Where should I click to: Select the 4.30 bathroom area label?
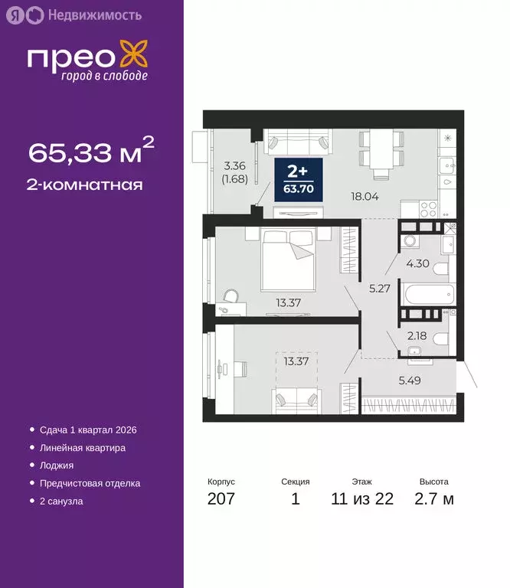[x=417, y=264]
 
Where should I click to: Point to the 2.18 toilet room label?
[x=417, y=335]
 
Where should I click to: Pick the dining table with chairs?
[x=381, y=149]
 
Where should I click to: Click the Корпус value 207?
[x=221, y=500]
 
